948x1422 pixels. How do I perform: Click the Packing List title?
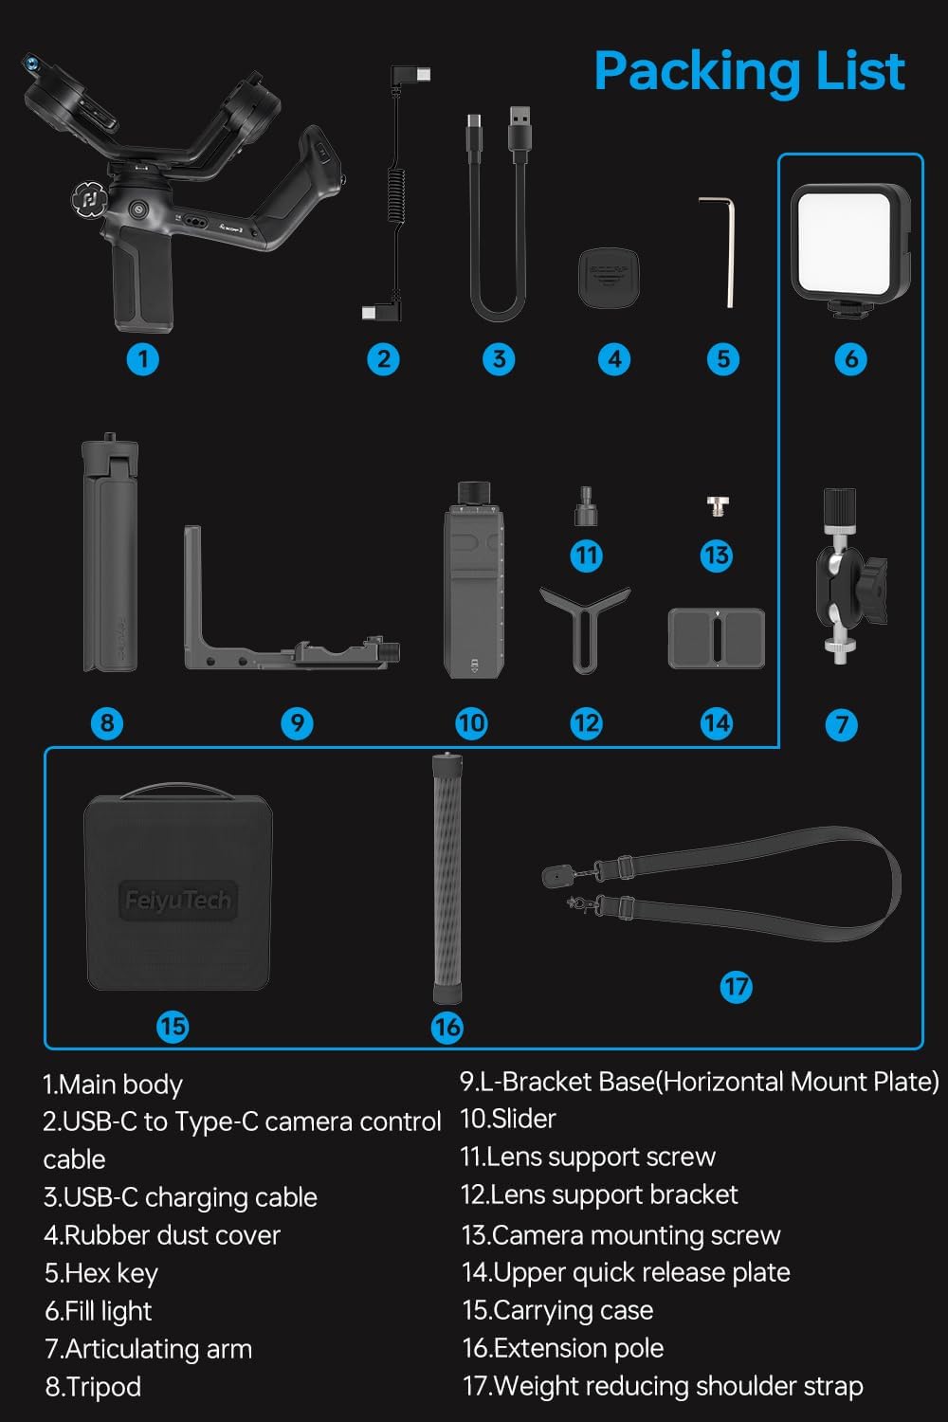coord(749,71)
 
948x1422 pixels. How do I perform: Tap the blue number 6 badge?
coord(850,359)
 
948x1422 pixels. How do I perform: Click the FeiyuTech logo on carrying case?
coord(177,900)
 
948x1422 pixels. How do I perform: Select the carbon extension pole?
coord(447,878)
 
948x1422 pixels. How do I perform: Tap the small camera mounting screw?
coord(718,506)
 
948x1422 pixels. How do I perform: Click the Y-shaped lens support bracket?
coord(585,626)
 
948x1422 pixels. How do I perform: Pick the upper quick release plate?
coord(717,638)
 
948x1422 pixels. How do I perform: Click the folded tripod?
coord(110,555)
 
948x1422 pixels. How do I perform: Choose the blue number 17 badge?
coord(736,987)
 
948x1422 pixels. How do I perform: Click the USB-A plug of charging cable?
coord(520,129)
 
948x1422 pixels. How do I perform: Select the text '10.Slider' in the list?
coord(508,1119)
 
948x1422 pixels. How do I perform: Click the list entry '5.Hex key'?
coord(101,1273)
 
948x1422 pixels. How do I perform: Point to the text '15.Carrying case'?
coord(557,1310)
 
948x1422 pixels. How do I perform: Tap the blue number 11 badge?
coord(586,556)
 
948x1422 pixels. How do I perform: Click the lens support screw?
coord(586,506)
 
